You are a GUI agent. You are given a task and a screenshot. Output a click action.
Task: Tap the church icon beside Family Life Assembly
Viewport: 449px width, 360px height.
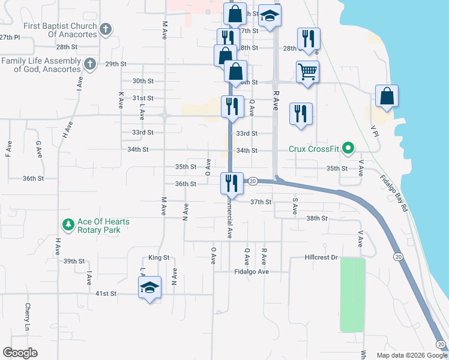coord(90,64)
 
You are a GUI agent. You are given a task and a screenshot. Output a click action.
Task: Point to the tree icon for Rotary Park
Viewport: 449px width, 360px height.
coord(68,226)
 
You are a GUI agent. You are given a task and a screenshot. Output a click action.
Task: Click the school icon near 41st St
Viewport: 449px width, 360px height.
coord(149,288)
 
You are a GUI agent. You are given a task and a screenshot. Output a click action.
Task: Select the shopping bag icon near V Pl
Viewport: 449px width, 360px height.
coord(387,96)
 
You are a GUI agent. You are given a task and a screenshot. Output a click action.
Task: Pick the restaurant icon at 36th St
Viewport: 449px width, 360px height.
coord(231,182)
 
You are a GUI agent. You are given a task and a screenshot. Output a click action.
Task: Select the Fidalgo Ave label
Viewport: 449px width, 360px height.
coord(251,271)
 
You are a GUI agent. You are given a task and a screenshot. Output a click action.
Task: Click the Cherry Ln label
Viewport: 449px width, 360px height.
coord(28,316)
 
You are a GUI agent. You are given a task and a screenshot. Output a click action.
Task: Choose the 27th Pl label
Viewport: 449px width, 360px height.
coord(10,37)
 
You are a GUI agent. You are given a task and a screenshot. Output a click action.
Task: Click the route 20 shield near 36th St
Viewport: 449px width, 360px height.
coord(253,181)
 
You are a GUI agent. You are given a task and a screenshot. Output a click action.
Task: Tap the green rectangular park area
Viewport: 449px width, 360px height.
coord(352,295)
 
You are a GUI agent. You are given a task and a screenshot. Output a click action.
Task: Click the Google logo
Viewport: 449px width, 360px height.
coord(20,353)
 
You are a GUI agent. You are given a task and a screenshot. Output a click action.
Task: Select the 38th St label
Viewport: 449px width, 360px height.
coord(316,218)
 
